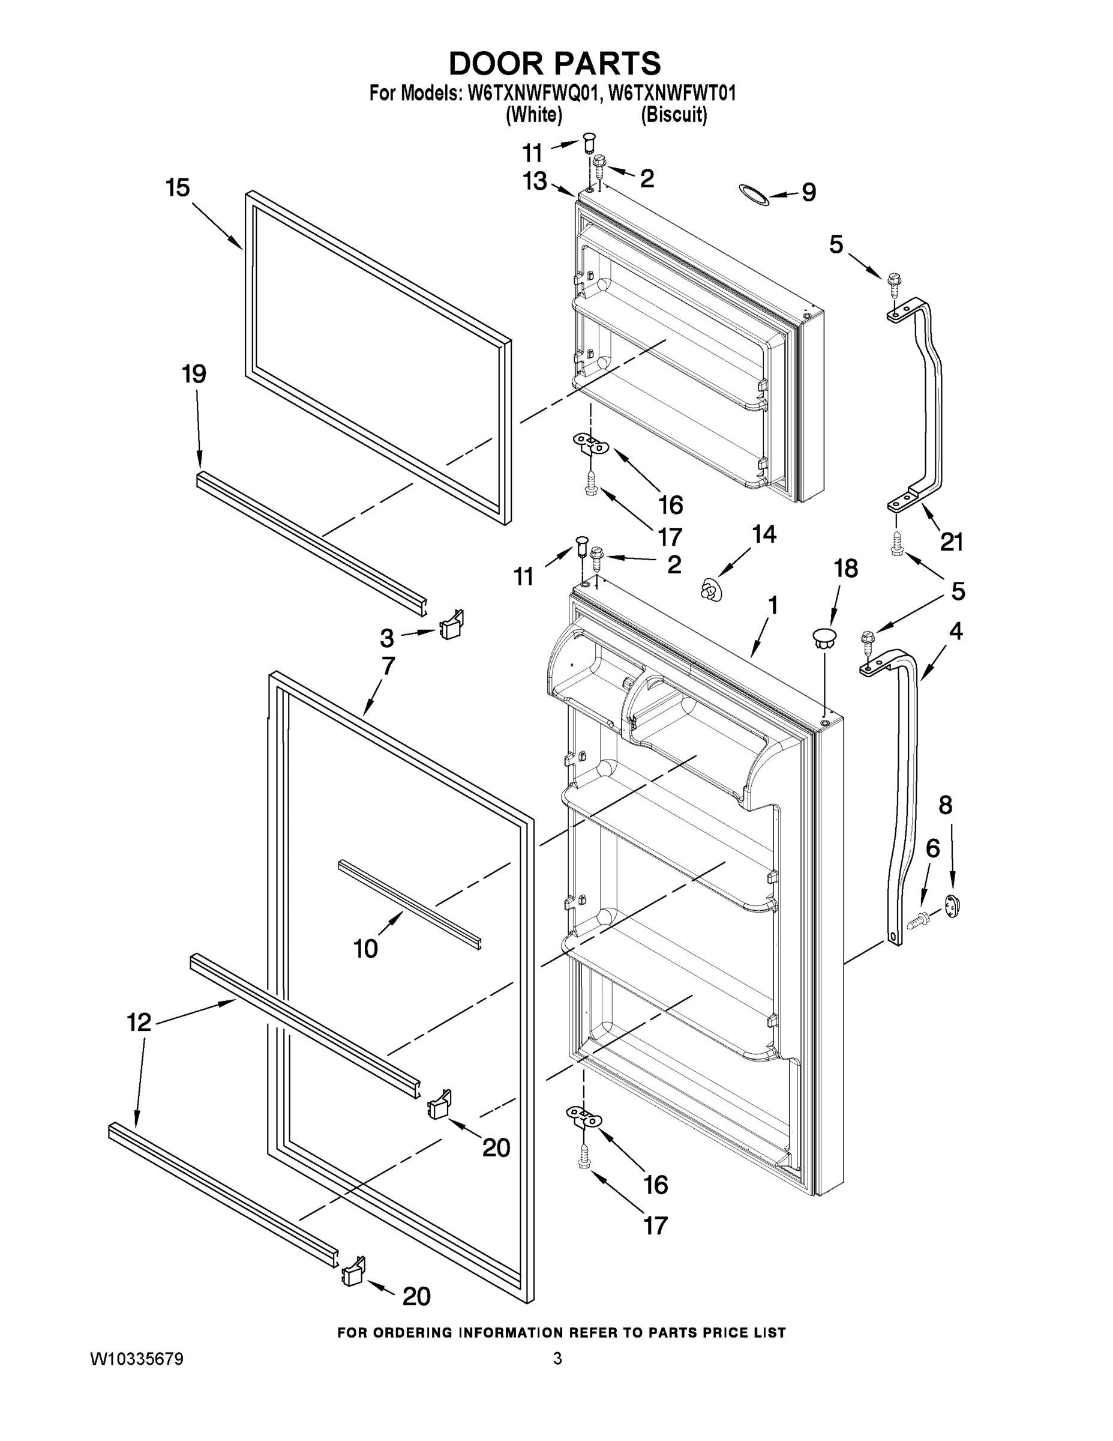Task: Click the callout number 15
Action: coord(178,188)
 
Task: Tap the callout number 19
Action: coord(194,374)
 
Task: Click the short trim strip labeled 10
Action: coord(409,904)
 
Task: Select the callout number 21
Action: coord(952,542)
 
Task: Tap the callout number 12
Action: coord(139,1023)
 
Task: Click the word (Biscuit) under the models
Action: coord(674,115)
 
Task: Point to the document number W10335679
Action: coord(137,1359)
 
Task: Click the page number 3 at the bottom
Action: coord(557,1359)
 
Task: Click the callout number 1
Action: coord(773,605)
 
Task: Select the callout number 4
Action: coord(955,632)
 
